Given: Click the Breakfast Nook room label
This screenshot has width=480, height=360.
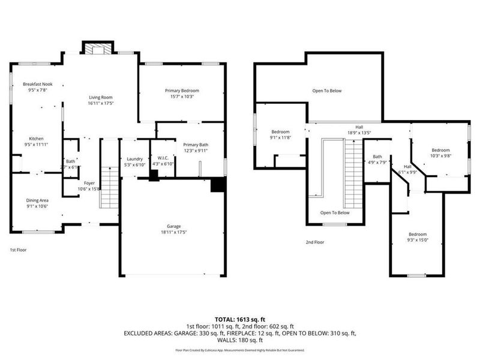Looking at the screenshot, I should coord(37,84).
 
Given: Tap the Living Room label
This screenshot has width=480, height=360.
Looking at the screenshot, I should coord(101,97).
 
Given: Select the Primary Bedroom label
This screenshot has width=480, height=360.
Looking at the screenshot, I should coord(182,91).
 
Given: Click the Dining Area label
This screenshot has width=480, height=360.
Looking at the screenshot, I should coord(37,200).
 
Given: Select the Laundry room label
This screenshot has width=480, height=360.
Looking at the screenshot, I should coord(134,158).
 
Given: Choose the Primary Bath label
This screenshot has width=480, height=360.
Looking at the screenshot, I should coord(196,145).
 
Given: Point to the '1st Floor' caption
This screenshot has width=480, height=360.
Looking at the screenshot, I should coord(18,250).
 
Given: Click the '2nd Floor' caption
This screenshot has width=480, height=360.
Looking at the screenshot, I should coord(314,242).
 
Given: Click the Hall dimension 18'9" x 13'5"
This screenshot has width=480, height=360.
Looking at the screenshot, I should coord(359,133).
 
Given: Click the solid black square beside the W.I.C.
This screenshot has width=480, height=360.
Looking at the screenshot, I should coord(154,175).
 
